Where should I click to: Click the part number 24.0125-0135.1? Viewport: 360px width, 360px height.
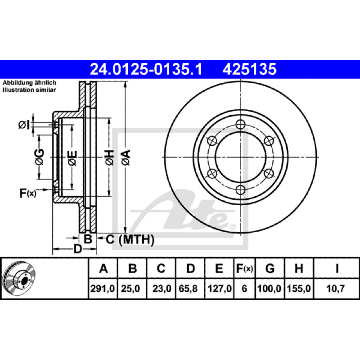(x=146, y=69)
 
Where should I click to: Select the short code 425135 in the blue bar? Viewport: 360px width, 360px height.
(x=249, y=69)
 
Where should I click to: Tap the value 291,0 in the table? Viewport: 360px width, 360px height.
(x=103, y=288)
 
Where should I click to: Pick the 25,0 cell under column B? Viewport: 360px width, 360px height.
(x=130, y=288)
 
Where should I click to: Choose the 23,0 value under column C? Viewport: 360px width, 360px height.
(x=162, y=288)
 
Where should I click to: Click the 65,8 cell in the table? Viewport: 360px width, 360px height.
(x=188, y=288)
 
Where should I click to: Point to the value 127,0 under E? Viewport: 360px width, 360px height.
(x=220, y=288)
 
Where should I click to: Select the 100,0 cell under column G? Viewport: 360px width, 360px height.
(x=269, y=288)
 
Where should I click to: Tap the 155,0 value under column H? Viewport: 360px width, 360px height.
(x=299, y=288)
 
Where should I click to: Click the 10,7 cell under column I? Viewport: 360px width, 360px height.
(x=335, y=288)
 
